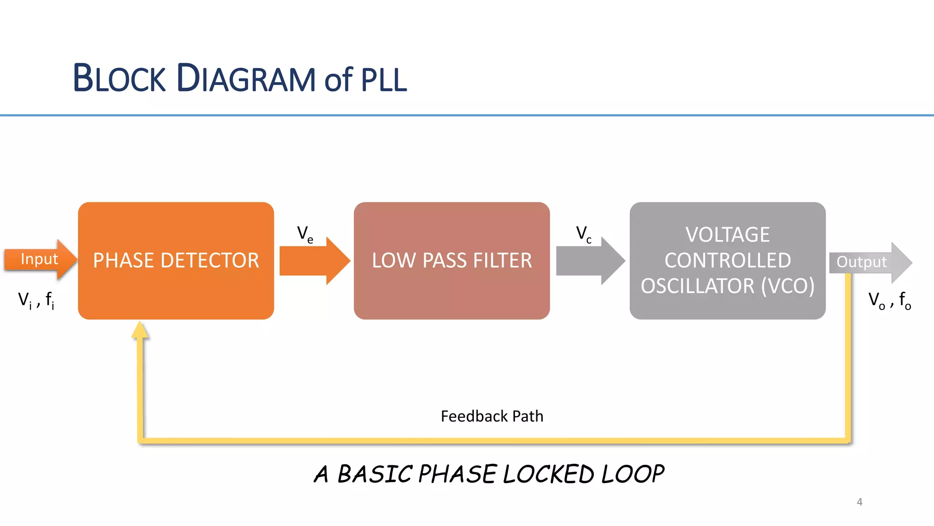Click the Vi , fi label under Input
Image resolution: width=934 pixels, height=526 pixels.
click(x=36, y=300)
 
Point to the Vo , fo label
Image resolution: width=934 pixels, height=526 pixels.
click(x=889, y=300)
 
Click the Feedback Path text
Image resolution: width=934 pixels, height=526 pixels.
click(x=492, y=416)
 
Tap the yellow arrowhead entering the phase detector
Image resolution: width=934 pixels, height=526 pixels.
click(x=140, y=330)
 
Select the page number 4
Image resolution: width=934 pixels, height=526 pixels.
click(x=859, y=502)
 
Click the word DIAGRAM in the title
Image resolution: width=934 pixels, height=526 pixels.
click(x=246, y=79)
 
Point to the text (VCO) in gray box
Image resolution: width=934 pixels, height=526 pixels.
click(x=788, y=286)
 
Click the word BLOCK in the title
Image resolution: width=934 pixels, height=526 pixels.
click(x=119, y=79)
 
